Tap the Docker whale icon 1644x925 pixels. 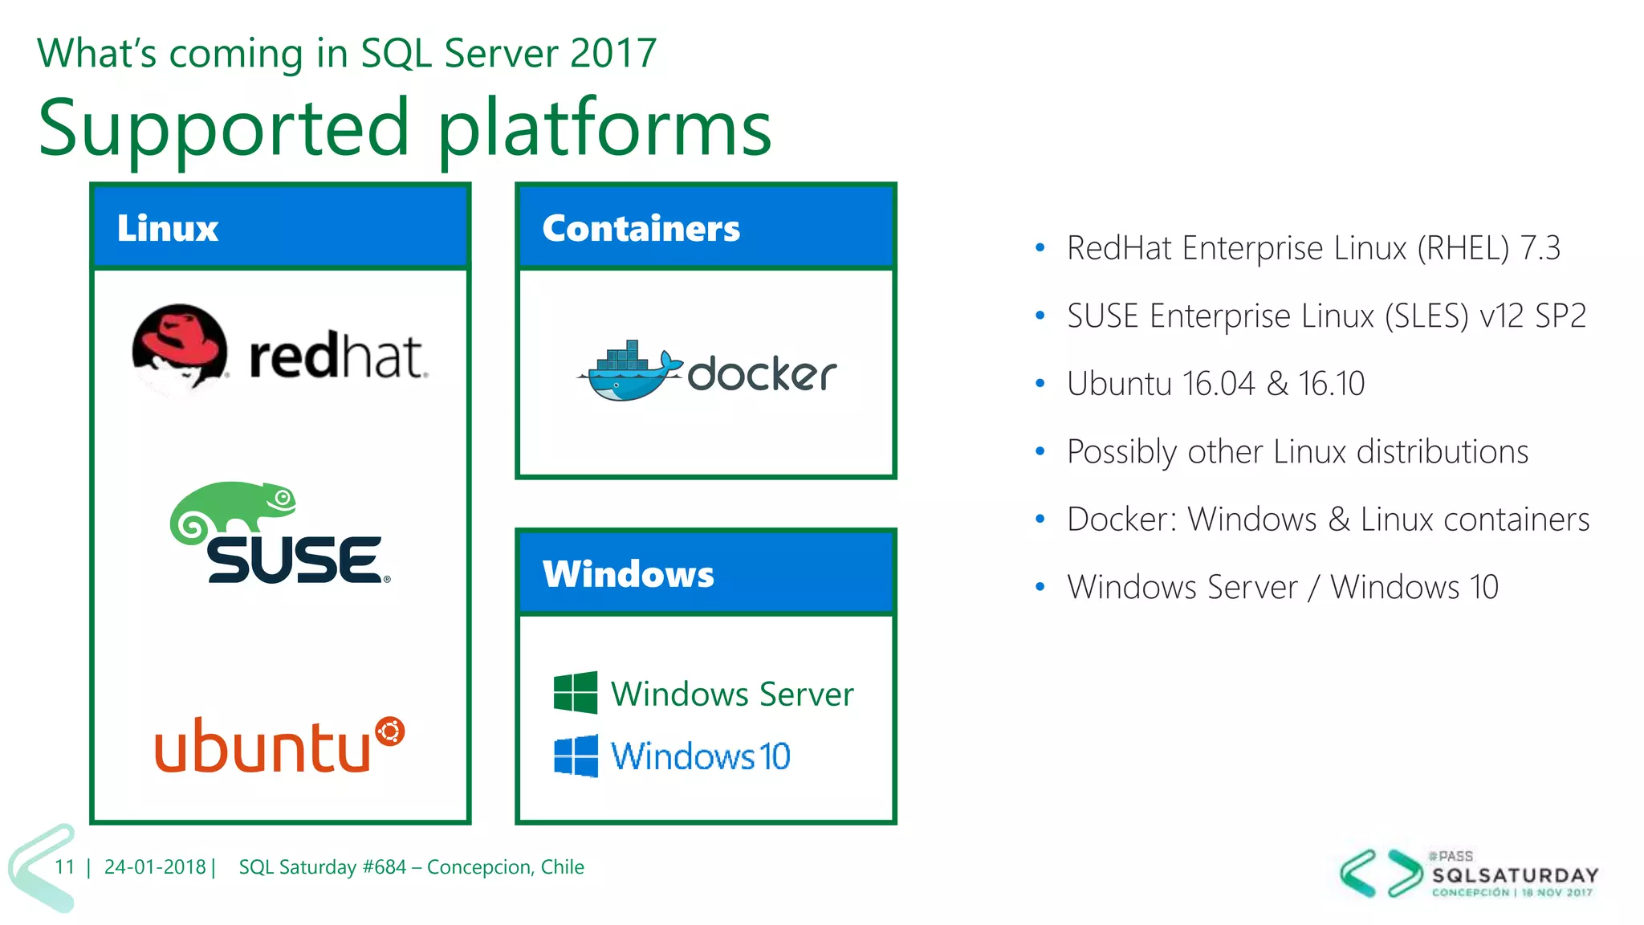pos(630,373)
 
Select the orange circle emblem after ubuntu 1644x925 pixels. pos(390,731)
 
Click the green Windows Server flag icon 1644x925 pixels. pos(576,692)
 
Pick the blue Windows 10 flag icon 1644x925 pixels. pos(576,756)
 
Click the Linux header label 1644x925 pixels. pos(167,228)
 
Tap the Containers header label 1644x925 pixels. pos(641,228)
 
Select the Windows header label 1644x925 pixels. pos(628,574)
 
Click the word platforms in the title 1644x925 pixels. pos(604,128)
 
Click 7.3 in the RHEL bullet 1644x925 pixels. pos(1540,248)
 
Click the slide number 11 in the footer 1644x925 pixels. pos(64,867)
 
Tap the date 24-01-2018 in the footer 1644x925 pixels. pos(155,867)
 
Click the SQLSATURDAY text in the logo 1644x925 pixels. pos(1515,875)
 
